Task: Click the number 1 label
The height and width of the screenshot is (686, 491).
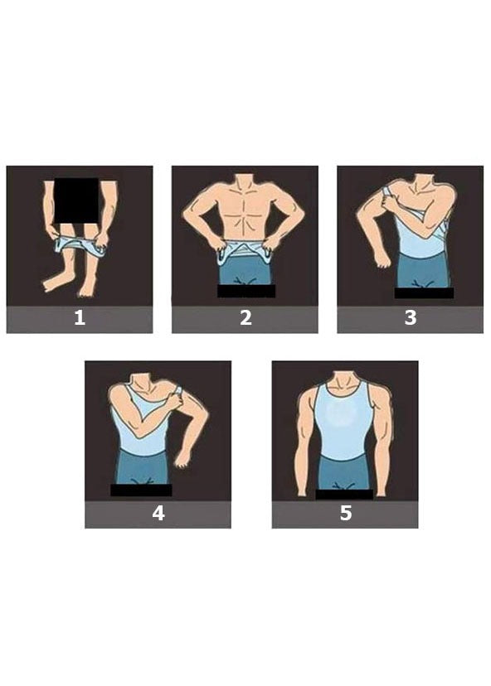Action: [x=80, y=317]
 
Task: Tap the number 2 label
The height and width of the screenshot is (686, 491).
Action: [x=245, y=317]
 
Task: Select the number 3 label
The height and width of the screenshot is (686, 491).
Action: [x=411, y=317]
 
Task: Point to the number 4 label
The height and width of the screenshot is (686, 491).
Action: [x=158, y=513]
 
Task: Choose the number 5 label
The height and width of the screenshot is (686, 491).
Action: [x=346, y=513]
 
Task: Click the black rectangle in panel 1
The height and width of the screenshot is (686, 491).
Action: [x=76, y=200]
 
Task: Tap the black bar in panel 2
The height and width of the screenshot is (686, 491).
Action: [x=246, y=291]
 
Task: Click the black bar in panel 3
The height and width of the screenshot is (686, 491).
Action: [x=424, y=292]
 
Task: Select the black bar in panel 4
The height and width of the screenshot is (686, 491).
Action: [x=141, y=490]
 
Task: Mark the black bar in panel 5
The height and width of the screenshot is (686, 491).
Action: [x=344, y=495]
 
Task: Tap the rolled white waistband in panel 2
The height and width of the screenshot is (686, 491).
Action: [x=245, y=253]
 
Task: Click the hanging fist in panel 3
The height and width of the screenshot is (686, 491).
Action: [x=383, y=259]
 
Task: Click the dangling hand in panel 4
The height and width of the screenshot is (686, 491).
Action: [x=182, y=459]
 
